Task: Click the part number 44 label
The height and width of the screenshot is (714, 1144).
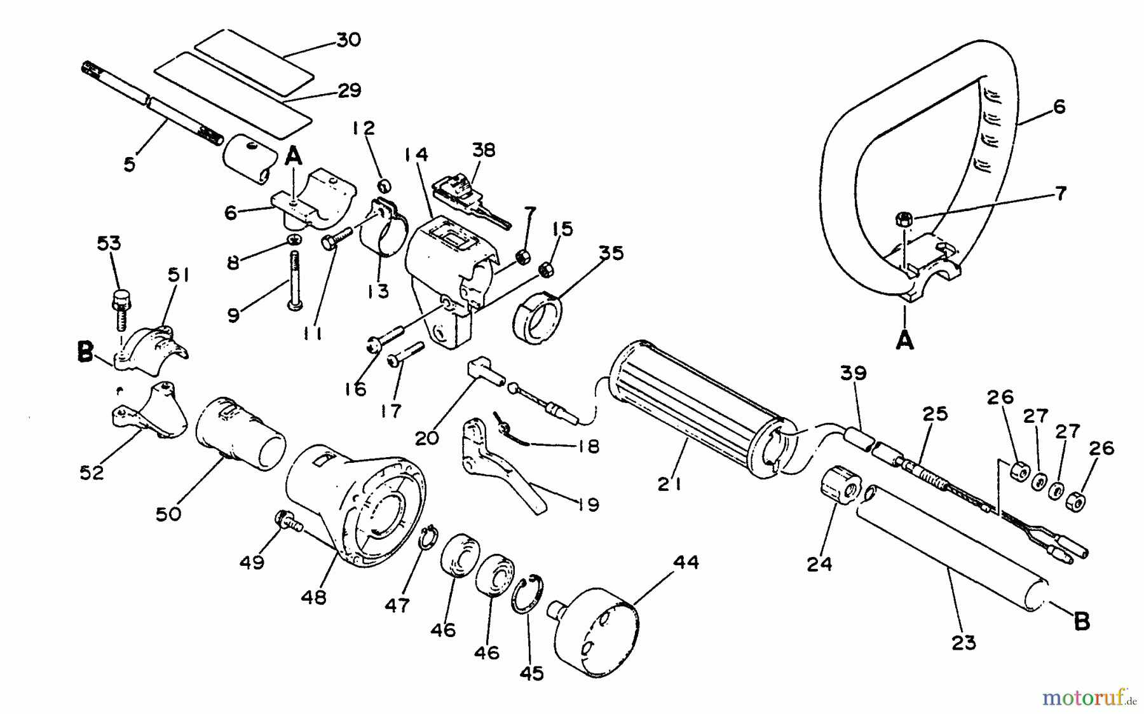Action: [x=686, y=563]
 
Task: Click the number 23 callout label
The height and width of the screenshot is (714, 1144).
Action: [x=964, y=643]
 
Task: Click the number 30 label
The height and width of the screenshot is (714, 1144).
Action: [x=348, y=39]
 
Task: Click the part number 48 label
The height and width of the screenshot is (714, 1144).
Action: [x=314, y=597]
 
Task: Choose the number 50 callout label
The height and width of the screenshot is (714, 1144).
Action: [x=168, y=513]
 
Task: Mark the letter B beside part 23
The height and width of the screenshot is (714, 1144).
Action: [x=1081, y=621]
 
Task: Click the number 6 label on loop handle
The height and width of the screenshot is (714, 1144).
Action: [x=1059, y=106]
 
